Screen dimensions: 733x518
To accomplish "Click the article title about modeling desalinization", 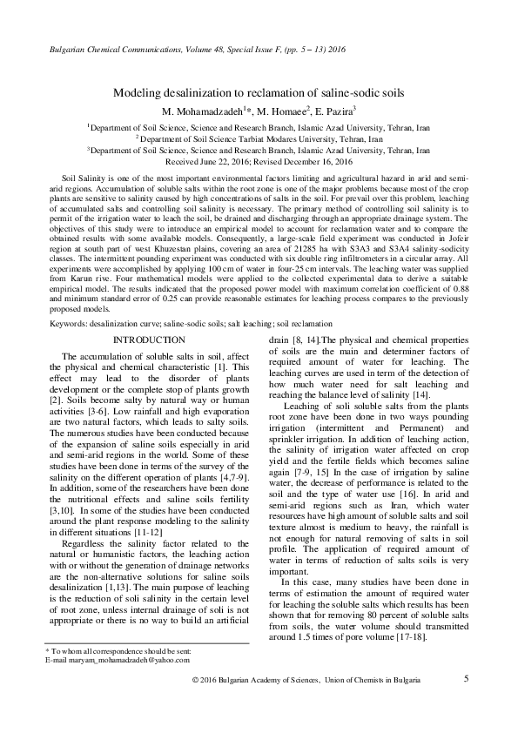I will [x=259, y=92].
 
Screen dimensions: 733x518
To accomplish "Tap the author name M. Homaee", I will [x=271, y=111].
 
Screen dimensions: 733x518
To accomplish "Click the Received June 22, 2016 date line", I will [x=259, y=162].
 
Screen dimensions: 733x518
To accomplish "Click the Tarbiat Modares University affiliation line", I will [x=259, y=138].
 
